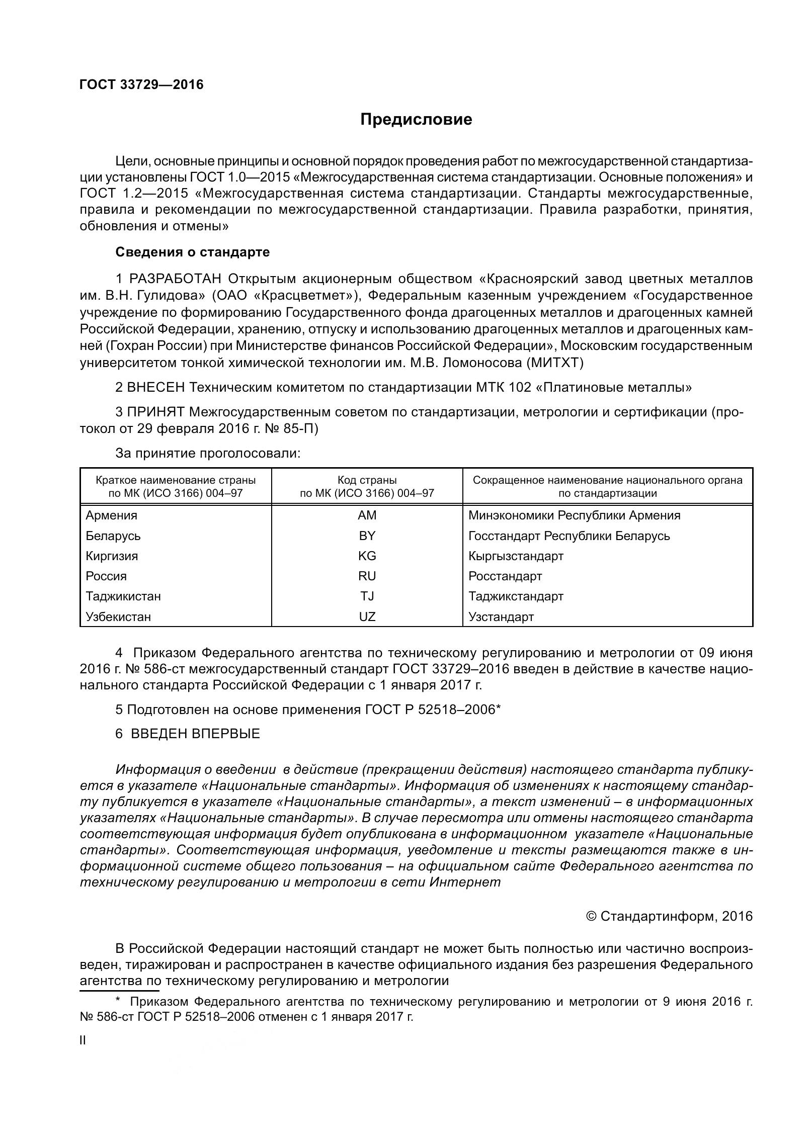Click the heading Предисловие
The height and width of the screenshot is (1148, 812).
(x=416, y=120)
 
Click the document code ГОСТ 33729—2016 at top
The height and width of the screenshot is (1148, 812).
(x=141, y=84)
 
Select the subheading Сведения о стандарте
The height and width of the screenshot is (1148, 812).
(x=193, y=252)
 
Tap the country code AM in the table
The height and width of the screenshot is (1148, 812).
(x=367, y=515)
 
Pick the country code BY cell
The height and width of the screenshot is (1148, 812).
(x=367, y=536)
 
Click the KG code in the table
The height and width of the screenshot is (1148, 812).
(x=367, y=556)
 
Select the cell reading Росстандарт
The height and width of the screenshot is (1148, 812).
(x=505, y=576)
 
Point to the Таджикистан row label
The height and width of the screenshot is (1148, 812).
(x=123, y=596)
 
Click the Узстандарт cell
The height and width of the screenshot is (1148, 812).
(x=501, y=616)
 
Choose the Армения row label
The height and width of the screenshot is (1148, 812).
(x=111, y=515)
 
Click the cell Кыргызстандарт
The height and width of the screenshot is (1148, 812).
(x=516, y=556)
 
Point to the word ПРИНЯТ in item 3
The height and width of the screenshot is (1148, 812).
(x=155, y=412)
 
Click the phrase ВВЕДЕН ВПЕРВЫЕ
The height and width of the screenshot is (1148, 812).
(x=195, y=734)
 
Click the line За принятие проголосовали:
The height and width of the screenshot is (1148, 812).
(x=208, y=453)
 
